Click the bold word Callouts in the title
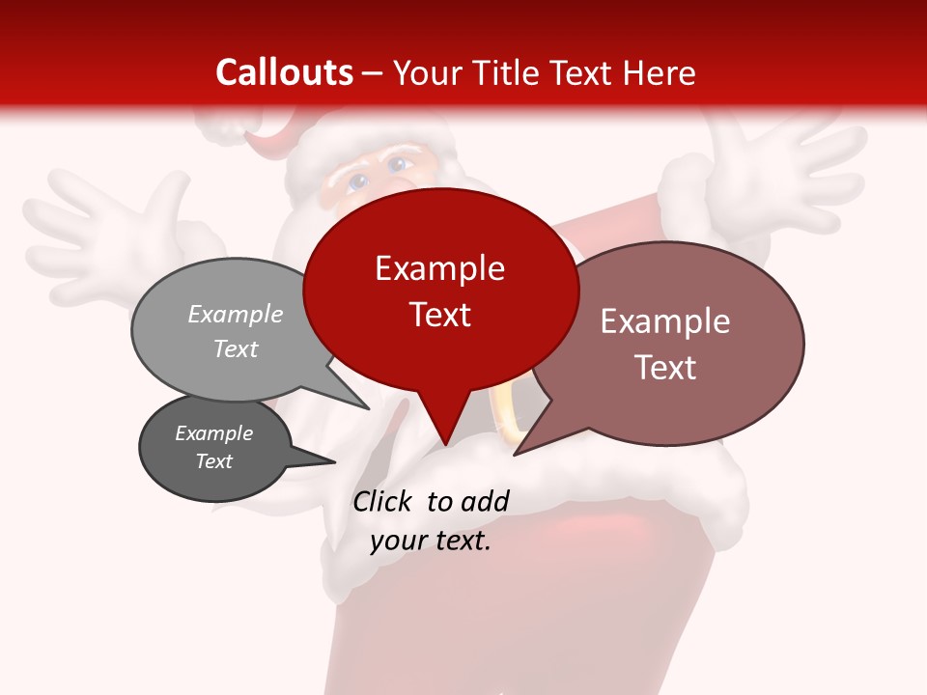284,72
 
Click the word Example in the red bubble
439,268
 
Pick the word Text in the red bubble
440,315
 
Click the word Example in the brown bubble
665,321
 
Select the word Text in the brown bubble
665,368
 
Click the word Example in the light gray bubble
236,314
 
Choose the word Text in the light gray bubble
236,348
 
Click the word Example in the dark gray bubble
213,433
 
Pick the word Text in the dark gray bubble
213,461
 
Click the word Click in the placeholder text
384,501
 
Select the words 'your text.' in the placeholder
431,542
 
